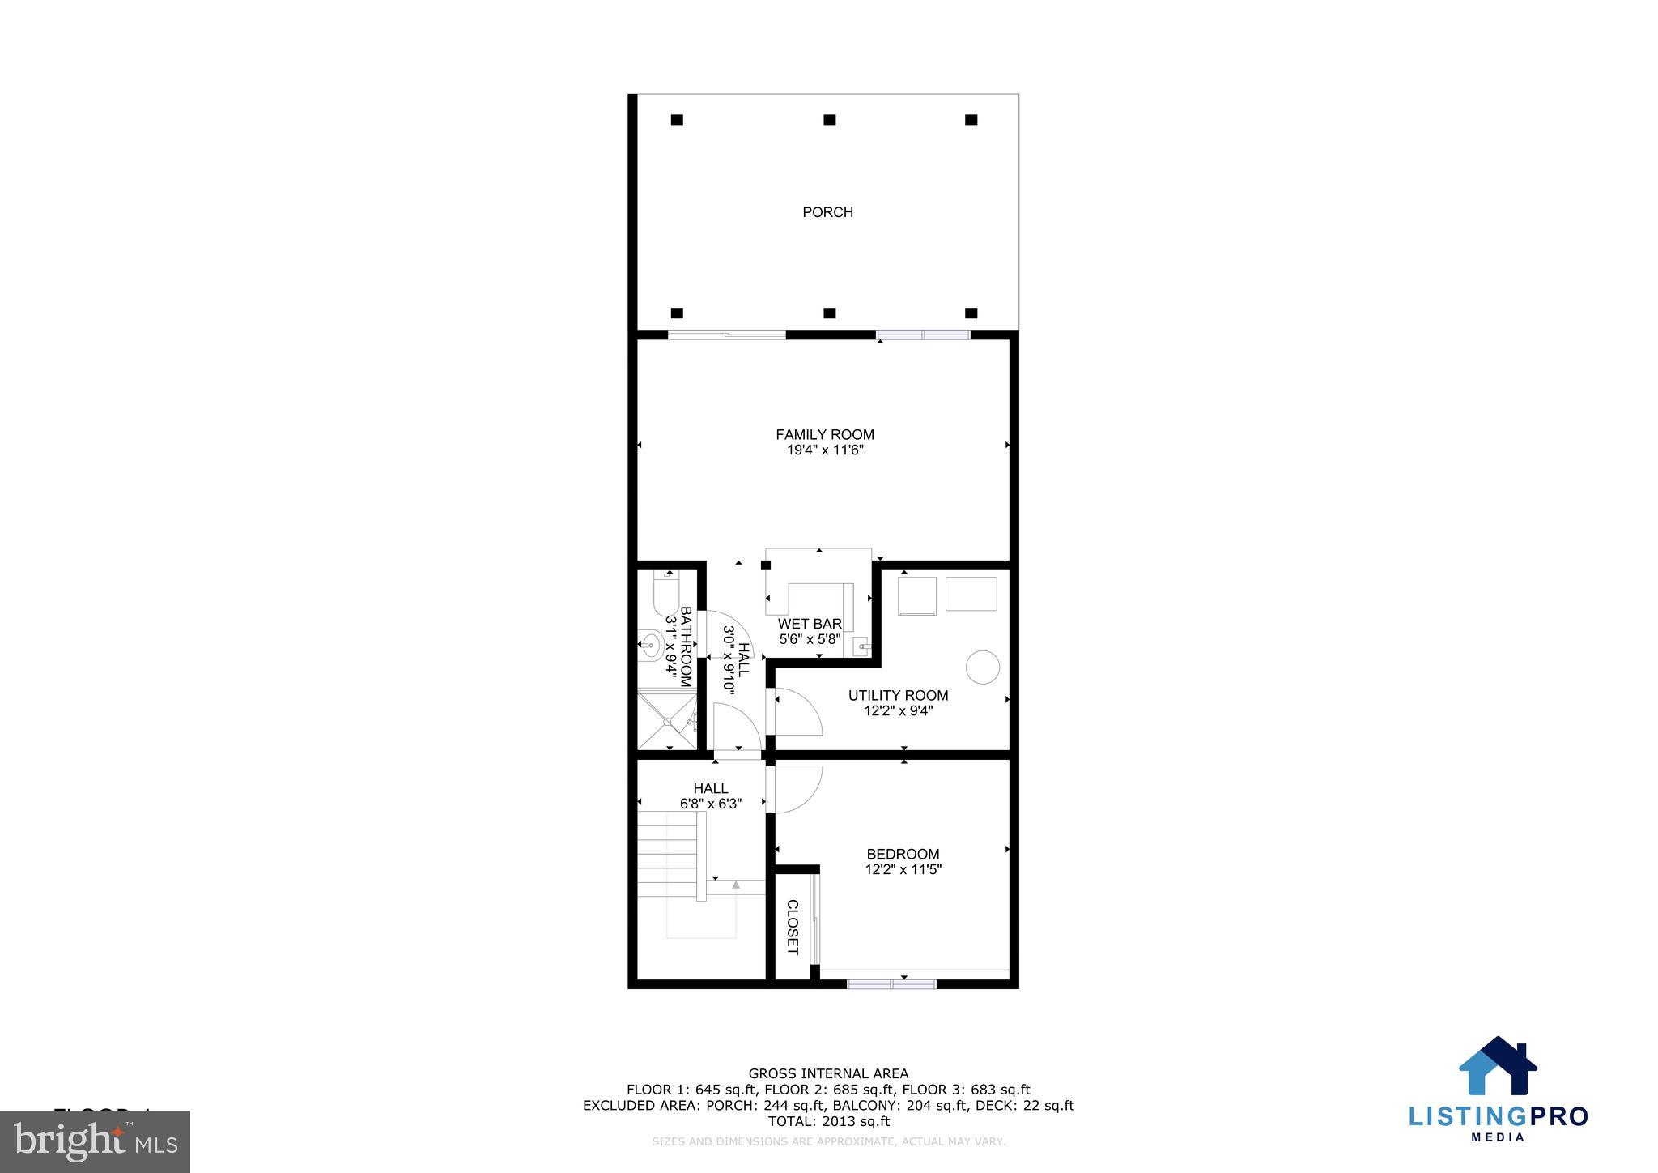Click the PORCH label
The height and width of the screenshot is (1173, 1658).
click(x=827, y=212)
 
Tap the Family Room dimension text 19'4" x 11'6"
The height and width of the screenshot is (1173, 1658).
click(x=825, y=450)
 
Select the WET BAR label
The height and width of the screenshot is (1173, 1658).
click(x=810, y=624)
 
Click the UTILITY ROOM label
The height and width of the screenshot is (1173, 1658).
click(x=898, y=695)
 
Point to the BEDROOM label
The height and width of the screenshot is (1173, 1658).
click(x=903, y=854)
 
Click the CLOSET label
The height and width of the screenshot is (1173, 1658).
click(x=793, y=927)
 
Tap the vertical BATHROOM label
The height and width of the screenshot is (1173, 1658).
click(x=685, y=646)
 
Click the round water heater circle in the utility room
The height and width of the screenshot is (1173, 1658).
click(x=983, y=667)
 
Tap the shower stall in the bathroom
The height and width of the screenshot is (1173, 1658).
click(x=667, y=719)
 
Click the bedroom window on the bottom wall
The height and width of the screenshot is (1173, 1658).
click(x=891, y=983)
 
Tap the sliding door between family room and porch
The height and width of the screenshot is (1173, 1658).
click(x=726, y=335)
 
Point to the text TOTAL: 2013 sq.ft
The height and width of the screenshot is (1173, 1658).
click(x=828, y=1121)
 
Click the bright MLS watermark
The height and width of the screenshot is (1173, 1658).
click(x=95, y=1141)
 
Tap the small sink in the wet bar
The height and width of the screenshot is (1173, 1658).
click(x=861, y=646)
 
